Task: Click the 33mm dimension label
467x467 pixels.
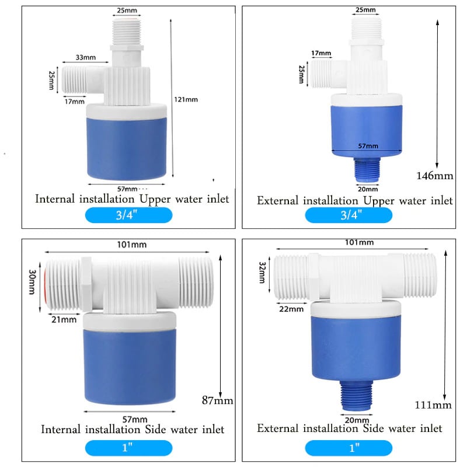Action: pyautogui.click(x=86, y=58)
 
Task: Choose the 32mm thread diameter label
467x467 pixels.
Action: pyautogui.click(x=263, y=271)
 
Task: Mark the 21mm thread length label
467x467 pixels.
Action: pyautogui.click(x=65, y=319)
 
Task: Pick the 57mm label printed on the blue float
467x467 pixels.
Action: pyautogui.click(x=368, y=146)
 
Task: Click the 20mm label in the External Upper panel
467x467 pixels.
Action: pyautogui.click(x=367, y=189)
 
